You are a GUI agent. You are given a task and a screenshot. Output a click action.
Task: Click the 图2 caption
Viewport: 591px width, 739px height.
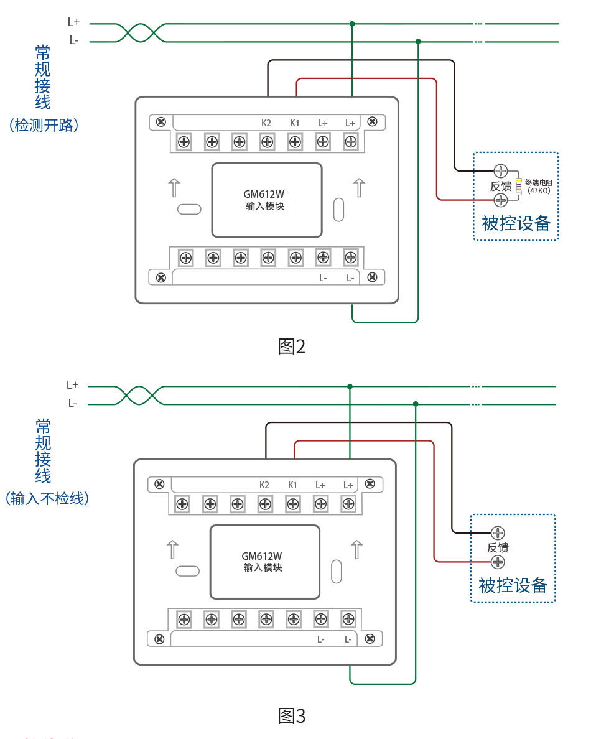click(292, 346)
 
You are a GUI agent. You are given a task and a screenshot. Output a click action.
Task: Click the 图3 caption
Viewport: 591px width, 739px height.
click(292, 716)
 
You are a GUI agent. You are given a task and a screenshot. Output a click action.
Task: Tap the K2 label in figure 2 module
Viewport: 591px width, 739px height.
click(266, 123)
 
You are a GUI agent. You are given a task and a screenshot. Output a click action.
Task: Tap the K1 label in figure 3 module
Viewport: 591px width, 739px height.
click(292, 485)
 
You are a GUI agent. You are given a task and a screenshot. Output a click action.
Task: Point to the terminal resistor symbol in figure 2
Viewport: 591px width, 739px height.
click(518, 185)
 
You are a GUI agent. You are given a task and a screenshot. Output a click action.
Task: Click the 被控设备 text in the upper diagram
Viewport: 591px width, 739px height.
click(516, 223)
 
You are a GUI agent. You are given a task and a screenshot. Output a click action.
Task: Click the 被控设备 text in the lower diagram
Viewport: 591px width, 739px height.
click(513, 585)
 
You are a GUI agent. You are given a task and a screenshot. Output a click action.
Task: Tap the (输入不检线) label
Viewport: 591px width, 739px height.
click(46, 498)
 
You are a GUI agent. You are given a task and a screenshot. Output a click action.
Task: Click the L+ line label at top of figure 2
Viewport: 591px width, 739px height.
click(73, 22)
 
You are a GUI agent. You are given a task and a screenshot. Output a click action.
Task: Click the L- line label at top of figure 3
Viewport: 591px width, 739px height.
click(73, 404)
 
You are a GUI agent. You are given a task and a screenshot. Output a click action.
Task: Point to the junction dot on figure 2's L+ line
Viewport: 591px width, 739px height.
click(352, 24)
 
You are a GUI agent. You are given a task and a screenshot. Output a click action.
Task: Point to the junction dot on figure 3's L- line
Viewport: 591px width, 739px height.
click(416, 404)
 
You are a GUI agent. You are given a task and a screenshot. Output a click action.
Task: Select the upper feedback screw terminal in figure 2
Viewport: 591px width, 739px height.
click(501, 170)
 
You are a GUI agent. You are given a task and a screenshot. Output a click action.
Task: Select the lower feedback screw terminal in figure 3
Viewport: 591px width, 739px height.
click(498, 562)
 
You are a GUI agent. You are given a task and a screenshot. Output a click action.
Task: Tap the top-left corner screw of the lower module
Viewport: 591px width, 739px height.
click(159, 483)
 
